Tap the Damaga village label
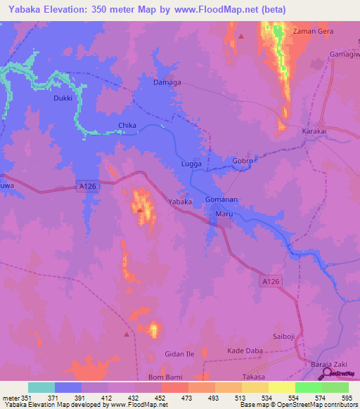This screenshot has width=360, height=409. [x=167, y=82]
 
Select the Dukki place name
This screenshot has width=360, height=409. [x=63, y=99]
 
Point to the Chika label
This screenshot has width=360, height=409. [x=127, y=126]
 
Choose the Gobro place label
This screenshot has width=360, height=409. [x=243, y=161]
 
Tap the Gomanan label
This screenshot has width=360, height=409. [x=222, y=200]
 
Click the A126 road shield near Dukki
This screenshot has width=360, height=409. [x=87, y=186]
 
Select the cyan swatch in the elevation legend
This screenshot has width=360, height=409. [x=41, y=387]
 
